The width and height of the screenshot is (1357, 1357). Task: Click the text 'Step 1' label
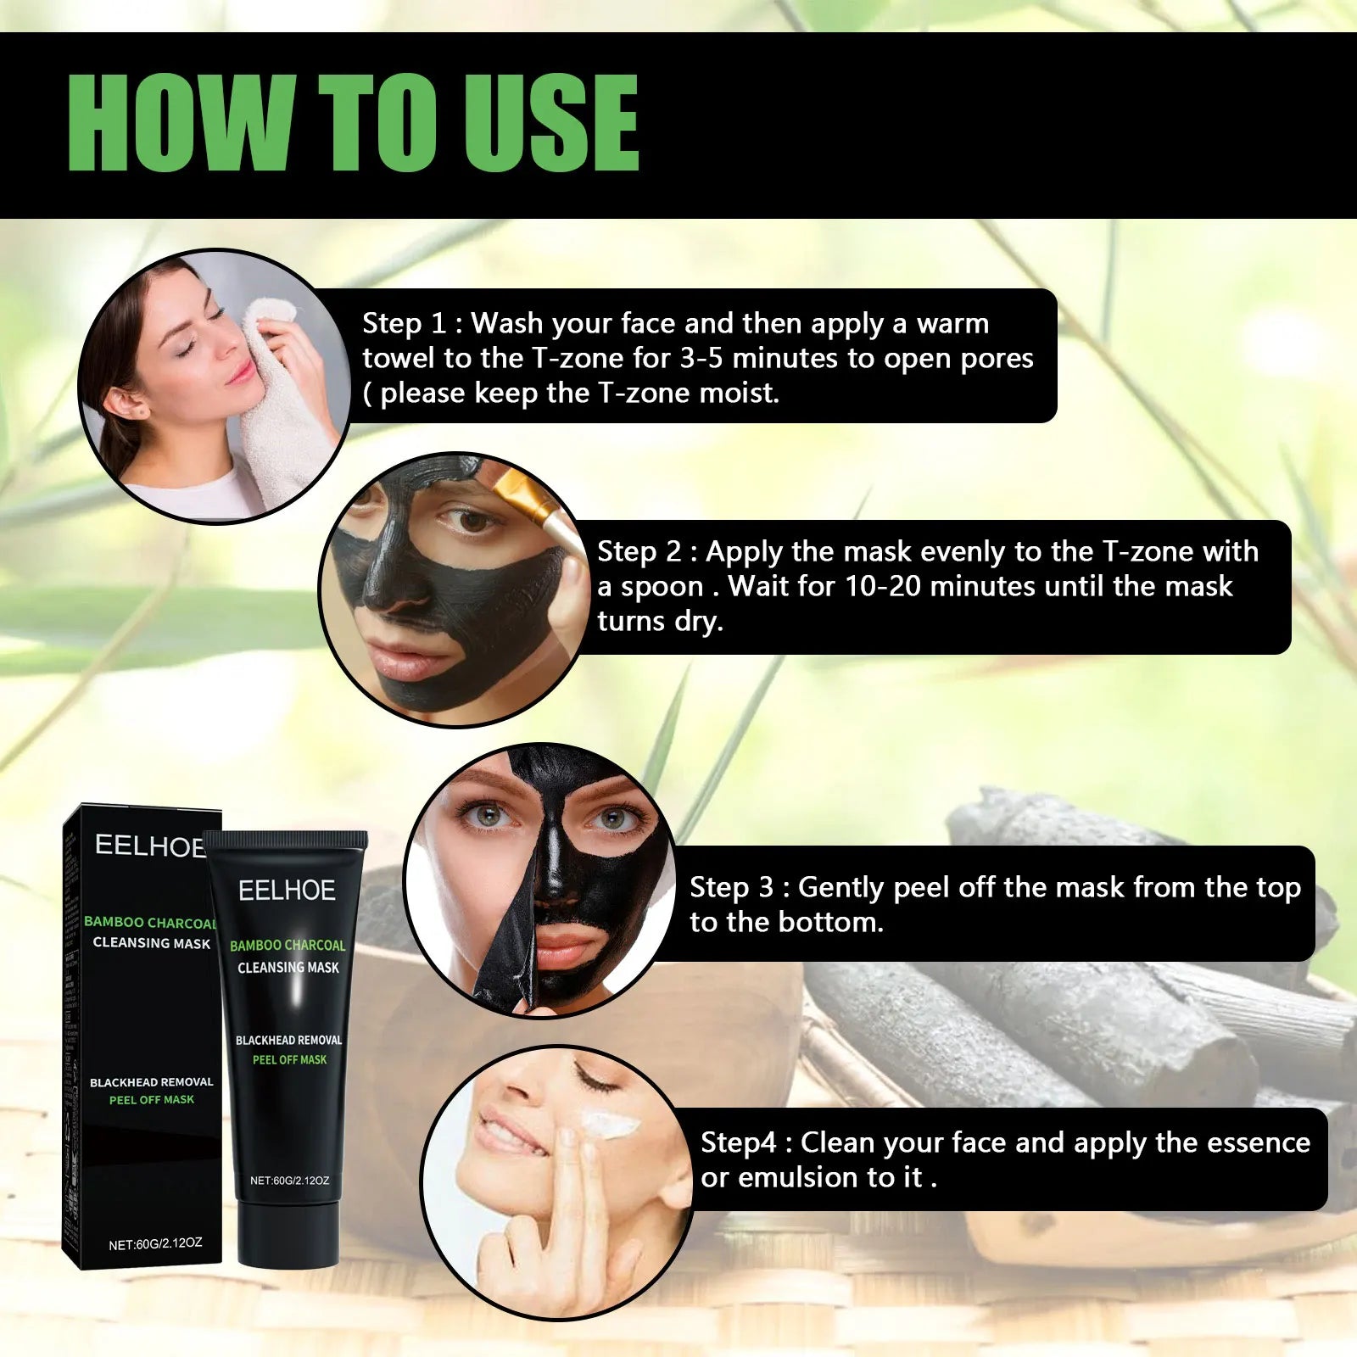pos(404,323)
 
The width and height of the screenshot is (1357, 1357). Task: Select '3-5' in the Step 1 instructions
pos(701,358)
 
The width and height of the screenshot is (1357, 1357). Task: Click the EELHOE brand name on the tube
pos(287,891)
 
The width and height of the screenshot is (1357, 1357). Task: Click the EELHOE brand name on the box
pos(149,846)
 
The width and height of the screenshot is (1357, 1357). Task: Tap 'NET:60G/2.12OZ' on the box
pos(155,1244)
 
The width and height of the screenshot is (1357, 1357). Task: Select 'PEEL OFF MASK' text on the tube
pos(289,1060)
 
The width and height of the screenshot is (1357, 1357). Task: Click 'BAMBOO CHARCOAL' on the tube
pos(288,946)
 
